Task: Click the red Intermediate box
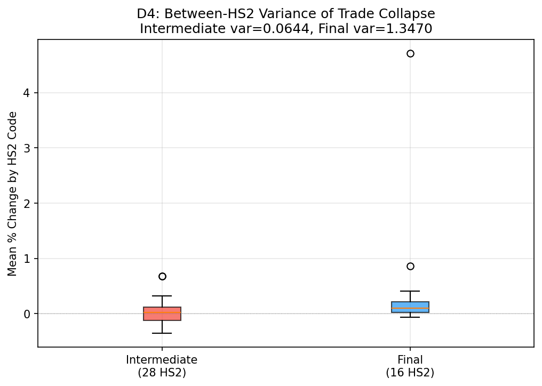coord(162,313)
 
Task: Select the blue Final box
coord(410,307)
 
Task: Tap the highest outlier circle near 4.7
coord(410,53)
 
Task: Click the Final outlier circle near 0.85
coord(410,266)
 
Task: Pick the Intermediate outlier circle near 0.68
coord(162,276)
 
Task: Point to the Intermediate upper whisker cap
coord(162,296)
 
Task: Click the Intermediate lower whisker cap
coord(162,333)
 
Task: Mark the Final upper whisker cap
coord(410,291)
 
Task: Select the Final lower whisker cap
coord(410,317)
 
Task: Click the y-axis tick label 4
coord(27,93)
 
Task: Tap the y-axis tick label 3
coord(27,148)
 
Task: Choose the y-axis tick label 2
coord(27,203)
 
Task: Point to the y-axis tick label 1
coord(27,259)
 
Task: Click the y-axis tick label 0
coord(27,314)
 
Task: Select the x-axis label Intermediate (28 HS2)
coord(162,366)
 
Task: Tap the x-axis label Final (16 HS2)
coord(410,366)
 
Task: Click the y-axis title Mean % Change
coord(12,194)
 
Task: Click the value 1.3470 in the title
coord(412,29)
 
